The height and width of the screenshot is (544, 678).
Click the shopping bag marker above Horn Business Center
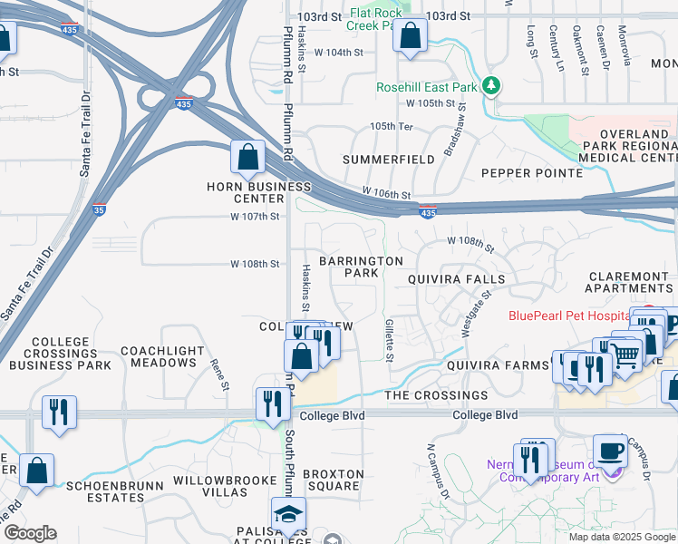tap(247, 157)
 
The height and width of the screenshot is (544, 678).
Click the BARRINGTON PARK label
tap(361, 267)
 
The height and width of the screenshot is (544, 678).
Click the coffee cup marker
tap(610, 451)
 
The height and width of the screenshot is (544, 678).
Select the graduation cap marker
tap(288, 514)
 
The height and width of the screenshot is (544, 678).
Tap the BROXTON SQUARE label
tap(334, 481)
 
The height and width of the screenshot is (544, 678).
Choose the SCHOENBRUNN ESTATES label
tap(114, 492)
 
